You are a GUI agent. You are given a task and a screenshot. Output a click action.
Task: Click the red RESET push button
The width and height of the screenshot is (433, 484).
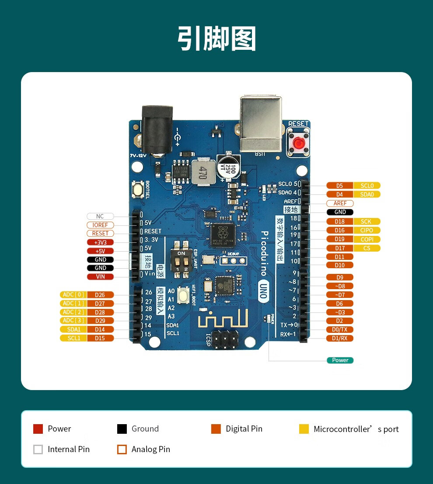(299, 143)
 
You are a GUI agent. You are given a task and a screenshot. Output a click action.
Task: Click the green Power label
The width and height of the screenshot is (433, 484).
(340, 360)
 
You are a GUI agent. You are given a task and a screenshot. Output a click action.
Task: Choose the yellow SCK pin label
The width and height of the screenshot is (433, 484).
(367, 221)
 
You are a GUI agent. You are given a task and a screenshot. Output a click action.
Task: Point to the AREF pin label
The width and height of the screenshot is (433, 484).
(340, 203)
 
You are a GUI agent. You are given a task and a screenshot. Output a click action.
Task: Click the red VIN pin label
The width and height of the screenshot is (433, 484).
(100, 277)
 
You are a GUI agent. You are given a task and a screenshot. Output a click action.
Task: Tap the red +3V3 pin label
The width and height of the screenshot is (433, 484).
(100, 242)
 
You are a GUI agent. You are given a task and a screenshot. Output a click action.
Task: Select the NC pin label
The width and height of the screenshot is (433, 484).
(100, 216)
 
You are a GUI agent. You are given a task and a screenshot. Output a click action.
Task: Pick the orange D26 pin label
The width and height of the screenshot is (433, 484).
(100, 295)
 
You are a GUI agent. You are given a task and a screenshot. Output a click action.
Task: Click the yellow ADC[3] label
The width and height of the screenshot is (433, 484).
(73, 321)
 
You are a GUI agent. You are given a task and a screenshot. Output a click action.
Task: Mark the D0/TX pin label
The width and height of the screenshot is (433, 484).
(339, 329)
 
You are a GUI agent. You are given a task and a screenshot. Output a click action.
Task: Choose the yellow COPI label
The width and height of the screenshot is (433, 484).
(367, 239)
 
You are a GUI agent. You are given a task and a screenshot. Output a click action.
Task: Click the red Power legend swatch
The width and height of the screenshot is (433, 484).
(38, 429)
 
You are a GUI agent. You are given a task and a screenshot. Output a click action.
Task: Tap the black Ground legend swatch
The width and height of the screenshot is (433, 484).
(122, 429)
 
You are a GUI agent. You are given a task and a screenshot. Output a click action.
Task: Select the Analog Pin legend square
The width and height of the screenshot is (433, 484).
(122, 449)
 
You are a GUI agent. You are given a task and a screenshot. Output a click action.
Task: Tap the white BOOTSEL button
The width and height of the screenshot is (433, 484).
(137, 190)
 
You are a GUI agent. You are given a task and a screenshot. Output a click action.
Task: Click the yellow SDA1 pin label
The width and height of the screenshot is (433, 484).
(73, 329)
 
